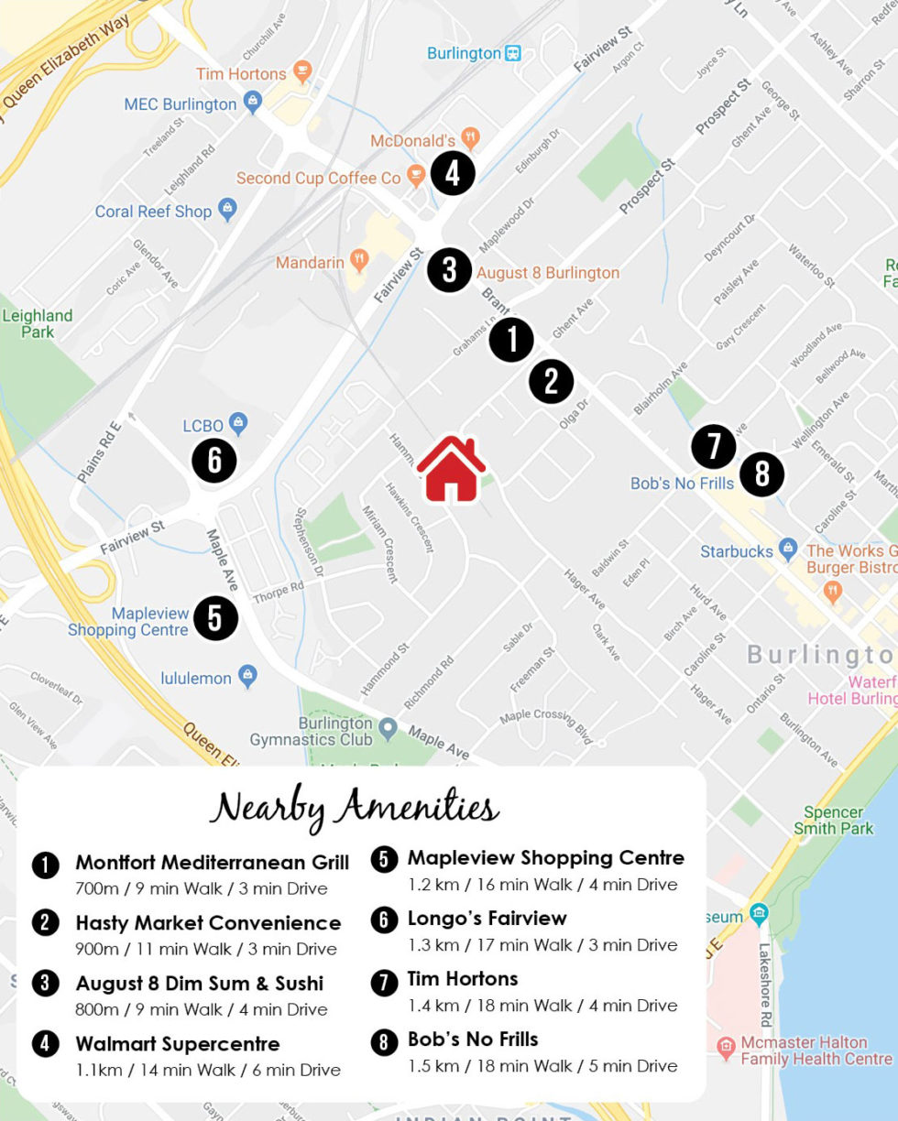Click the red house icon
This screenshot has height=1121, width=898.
pyautogui.click(x=451, y=469)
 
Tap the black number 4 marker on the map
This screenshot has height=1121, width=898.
pyautogui.click(x=452, y=173)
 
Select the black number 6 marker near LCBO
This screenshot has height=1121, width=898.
pyautogui.click(x=214, y=460)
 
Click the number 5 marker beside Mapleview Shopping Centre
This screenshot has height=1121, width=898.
pyautogui.click(x=215, y=618)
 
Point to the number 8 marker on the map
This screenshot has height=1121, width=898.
pyautogui.click(x=761, y=474)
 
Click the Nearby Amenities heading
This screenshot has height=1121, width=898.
pyautogui.click(x=355, y=808)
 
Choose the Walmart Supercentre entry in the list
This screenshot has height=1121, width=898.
pyautogui.click(x=178, y=1044)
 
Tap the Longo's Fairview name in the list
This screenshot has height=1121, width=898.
pyautogui.click(x=487, y=919)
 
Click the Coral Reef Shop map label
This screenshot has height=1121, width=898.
pyautogui.click(x=153, y=212)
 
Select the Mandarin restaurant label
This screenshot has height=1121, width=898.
pyautogui.click(x=310, y=263)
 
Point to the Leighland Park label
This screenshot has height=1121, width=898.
pyautogui.click(x=37, y=323)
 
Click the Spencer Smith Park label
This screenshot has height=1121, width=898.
pyautogui.click(x=833, y=820)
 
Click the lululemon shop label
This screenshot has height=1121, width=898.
pyautogui.click(x=196, y=678)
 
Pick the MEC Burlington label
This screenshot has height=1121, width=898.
pyautogui.click(x=181, y=104)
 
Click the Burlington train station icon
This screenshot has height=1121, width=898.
pyautogui.click(x=513, y=53)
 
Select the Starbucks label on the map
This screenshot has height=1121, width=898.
pyautogui.click(x=737, y=551)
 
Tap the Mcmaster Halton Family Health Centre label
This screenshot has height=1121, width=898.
pyautogui.click(x=816, y=1050)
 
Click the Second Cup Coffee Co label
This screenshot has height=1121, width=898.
pyautogui.click(x=319, y=178)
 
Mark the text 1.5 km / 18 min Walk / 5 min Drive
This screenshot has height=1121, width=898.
pyautogui.click(x=542, y=1066)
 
